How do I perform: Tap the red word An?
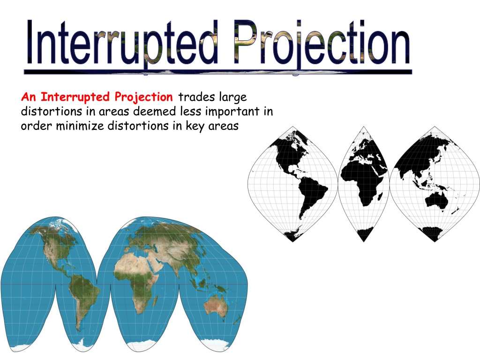pyautogui.click(x=29, y=97)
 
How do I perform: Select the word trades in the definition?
pyautogui.click(x=196, y=97)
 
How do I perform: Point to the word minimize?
pyautogui.click(x=80, y=126)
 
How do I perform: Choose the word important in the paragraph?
pyautogui.click(x=232, y=112)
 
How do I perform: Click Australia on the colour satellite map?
pyautogui.click(x=216, y=306)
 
